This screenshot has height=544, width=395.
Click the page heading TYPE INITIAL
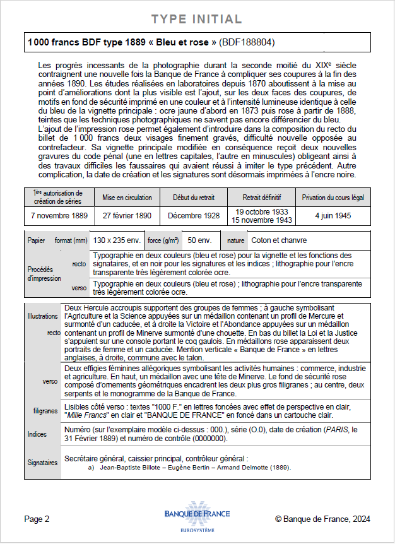197,19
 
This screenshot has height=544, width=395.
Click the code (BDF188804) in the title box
247,43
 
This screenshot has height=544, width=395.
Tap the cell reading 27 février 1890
127,215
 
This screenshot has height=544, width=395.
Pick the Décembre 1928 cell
194,215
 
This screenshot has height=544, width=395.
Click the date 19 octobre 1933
261,211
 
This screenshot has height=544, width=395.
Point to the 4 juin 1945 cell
333,215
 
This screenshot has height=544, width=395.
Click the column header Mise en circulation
127,197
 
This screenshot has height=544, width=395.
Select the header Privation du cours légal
333,197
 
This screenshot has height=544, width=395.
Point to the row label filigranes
45,411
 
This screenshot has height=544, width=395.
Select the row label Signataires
42,462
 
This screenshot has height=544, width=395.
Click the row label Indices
37,434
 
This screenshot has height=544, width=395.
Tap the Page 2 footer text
37,519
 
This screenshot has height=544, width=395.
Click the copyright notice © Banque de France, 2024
322,519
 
